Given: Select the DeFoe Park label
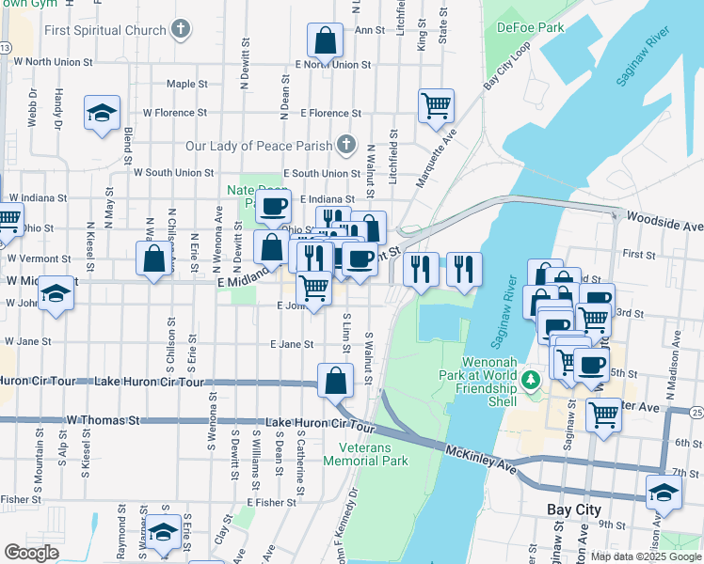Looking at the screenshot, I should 530,27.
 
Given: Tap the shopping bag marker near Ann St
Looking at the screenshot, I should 325,41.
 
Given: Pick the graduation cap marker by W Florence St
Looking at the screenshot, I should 102,114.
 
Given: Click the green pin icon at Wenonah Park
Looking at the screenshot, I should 531,380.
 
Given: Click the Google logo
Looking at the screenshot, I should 31,552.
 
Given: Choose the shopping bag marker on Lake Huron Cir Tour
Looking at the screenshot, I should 335,382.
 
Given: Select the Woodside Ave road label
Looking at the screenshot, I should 669,227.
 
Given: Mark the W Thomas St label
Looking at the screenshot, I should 102,420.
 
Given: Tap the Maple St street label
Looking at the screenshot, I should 186,84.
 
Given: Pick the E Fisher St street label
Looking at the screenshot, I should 269,502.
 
